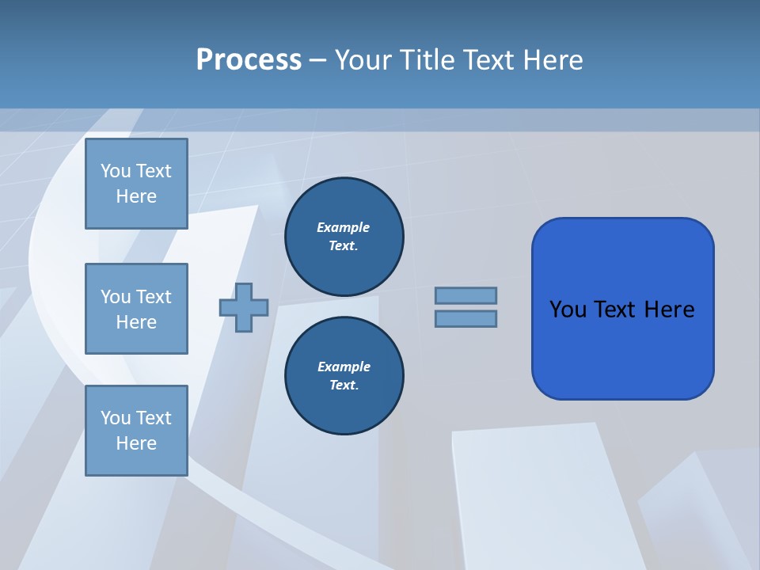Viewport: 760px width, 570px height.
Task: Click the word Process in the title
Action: (x=249, y=60)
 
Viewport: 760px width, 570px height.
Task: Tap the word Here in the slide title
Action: (x=553, y=60)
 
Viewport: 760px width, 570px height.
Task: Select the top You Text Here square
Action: (x=136, y=184)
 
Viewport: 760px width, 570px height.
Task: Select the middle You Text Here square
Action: (x=136, y=309)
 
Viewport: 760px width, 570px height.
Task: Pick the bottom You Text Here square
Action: (x=136, y=431)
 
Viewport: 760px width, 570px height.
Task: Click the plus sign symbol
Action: (x=244, y=307)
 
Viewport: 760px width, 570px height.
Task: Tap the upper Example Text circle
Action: (x=344, y=237)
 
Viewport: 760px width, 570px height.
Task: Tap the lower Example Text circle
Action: (x=344, y=376)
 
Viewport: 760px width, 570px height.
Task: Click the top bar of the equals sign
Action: (x=465, y=295)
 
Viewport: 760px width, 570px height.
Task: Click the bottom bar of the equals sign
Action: (x=465, y=319)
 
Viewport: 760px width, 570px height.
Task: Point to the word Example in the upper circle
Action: (x=343, y=228)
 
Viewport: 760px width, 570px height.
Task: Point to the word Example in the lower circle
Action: (x=344, y=367)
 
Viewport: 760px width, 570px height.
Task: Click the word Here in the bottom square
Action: (x=136, y=443)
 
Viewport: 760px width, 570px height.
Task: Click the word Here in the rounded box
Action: (x=669, y=310)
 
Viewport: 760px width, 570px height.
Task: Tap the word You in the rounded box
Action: (x=568, y=310)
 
